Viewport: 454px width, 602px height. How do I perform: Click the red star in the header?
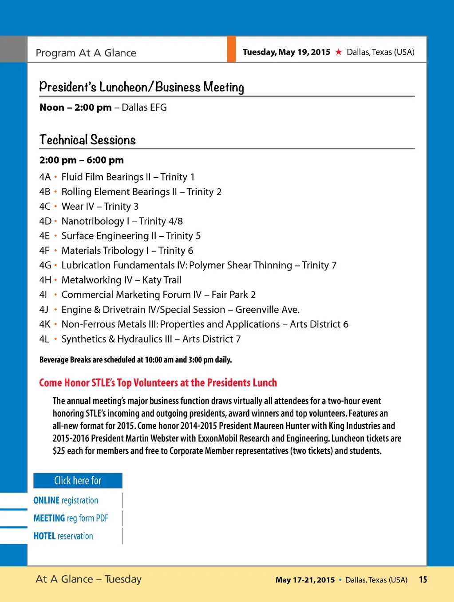pyautogui.click(x=339, y=52)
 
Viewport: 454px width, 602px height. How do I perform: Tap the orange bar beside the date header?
pyautogui.click(x=231, y=49)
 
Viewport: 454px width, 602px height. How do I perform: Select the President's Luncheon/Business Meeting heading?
pyautogui.click(x=142, y=87)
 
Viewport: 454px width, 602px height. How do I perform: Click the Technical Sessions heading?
pyautogui.click(x=87, y=140)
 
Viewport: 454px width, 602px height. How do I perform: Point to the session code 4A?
pyautogui.click(x=45, y=177)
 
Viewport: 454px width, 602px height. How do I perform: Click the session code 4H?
pyautogui.click(x=45, y=280)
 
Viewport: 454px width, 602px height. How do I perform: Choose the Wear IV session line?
pyautogui.click(x=100, y=206)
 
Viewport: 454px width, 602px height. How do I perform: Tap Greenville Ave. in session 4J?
pyautogui.click(x=268, y=310)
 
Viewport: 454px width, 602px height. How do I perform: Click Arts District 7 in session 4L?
pyautogui.click(x=212, y=339)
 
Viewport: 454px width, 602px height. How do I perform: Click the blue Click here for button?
pyautogui.click(x=78, y=481)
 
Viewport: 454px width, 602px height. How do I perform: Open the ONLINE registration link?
pyautogui.click(x=66, y=500)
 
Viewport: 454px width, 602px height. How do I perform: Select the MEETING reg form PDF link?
pyautogui.click(x=71, y=518)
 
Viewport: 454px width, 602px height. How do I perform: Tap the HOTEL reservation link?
pyautogui.click(x=63, y=536)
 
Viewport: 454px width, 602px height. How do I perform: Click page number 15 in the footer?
pyautogui.click(x=423, y=579)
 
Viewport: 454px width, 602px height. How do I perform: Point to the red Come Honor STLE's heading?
pyautogui.click(x=158, y=383)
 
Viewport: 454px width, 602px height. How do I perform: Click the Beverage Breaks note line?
pyautogui.click(x=135, y=359)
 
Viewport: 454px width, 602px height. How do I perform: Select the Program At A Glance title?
pyautogui.click(x=86, y=53)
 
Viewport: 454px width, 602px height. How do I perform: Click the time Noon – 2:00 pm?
pyautogui.click(x=75, y=108)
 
